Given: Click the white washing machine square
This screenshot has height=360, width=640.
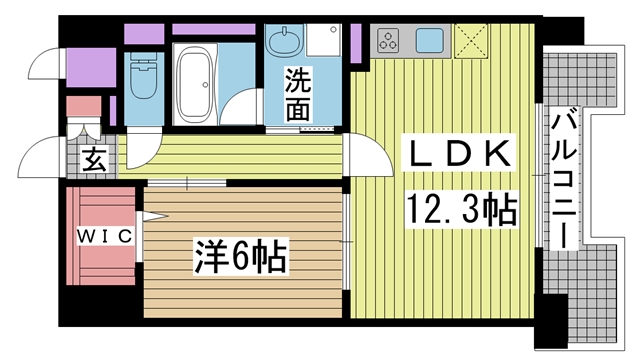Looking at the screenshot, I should click(322, 40).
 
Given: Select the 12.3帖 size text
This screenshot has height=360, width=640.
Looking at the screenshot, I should click(460, 209).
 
